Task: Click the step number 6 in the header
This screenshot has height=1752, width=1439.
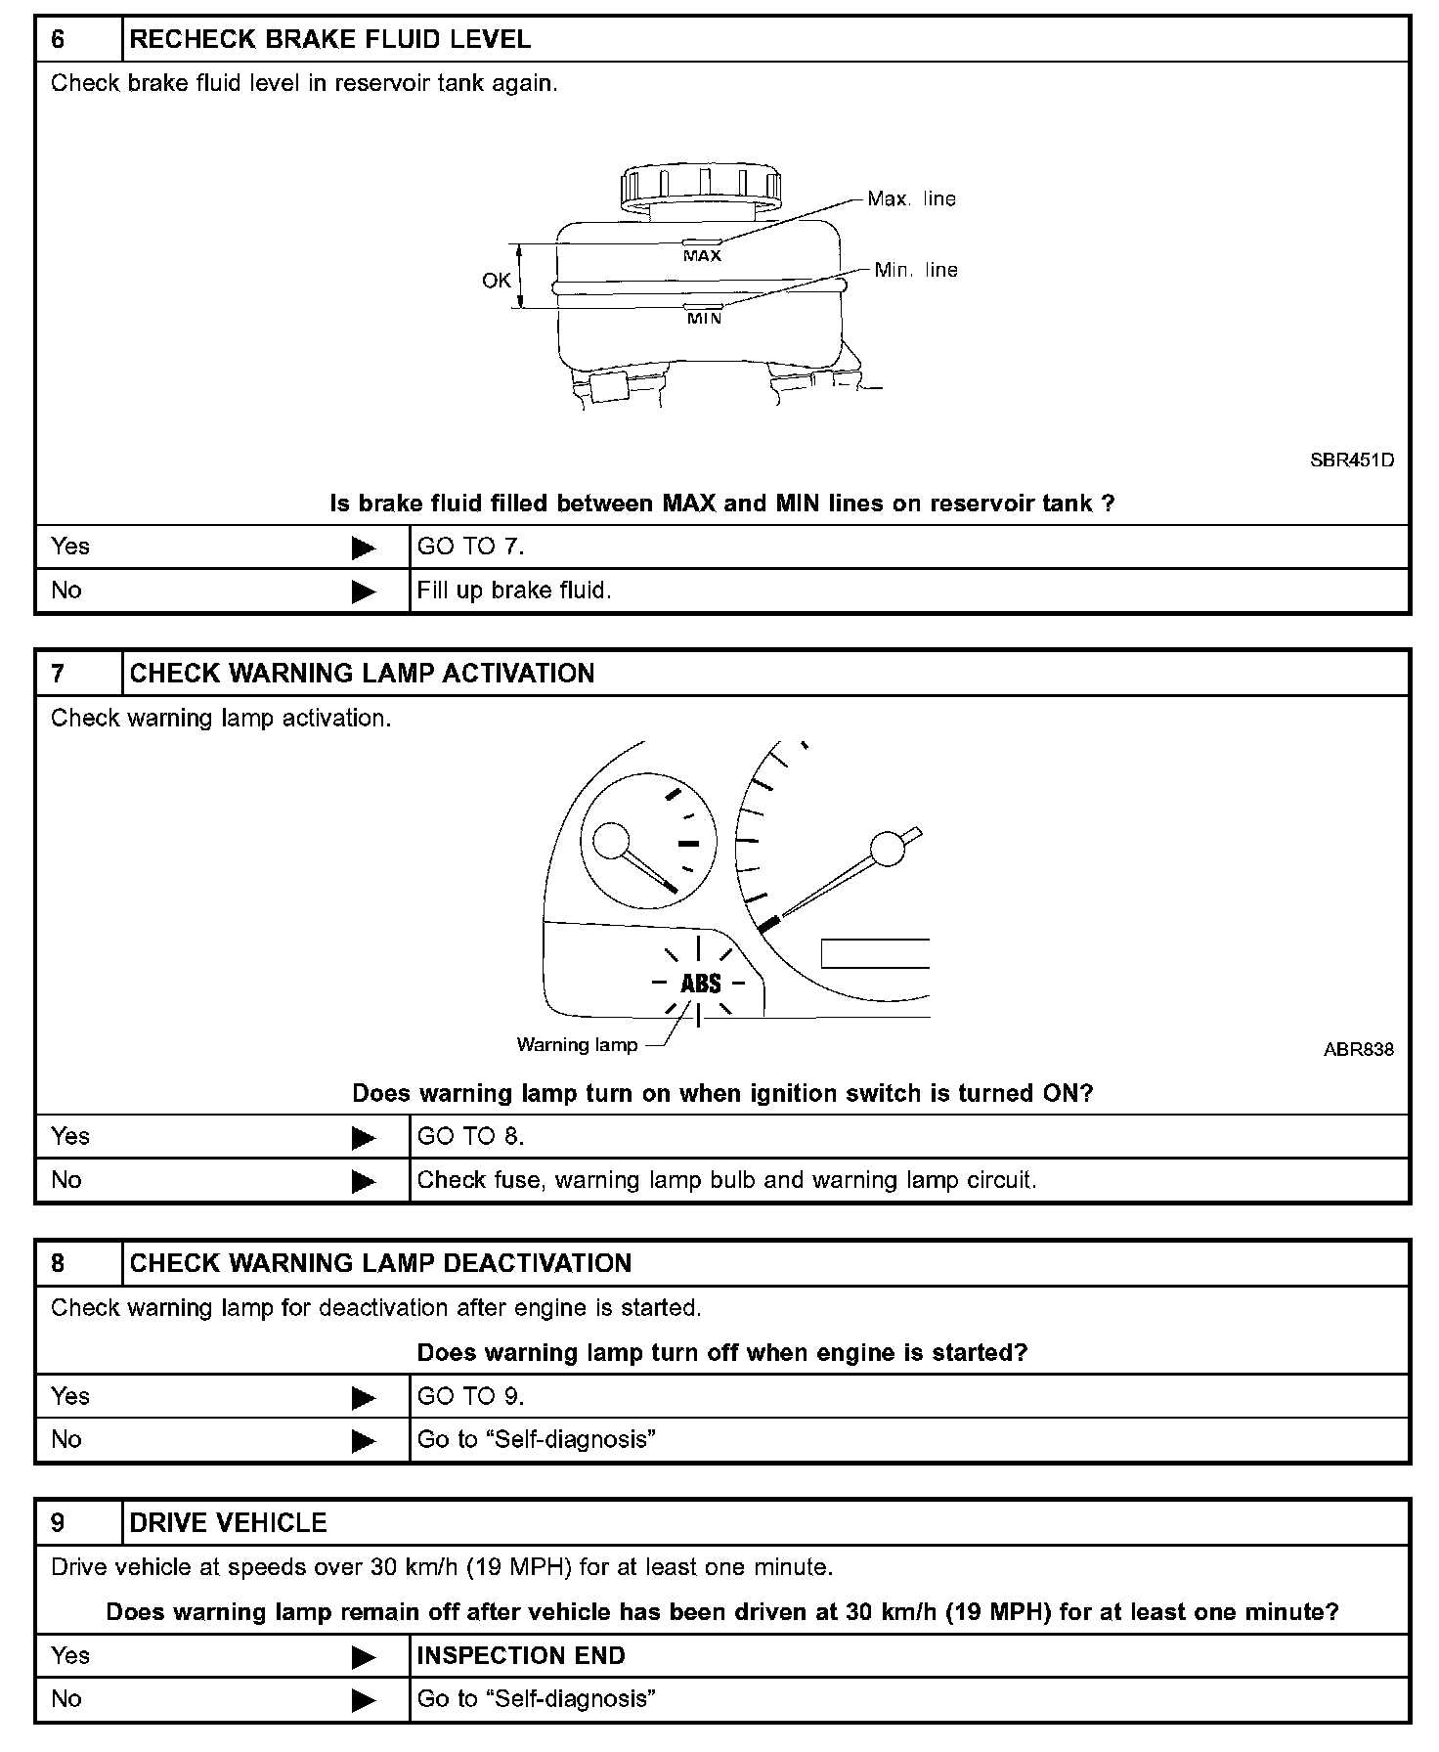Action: [58, 40]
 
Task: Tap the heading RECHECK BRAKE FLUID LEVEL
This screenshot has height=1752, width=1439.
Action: [329, 40]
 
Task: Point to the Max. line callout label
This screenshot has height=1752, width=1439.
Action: [911, 199]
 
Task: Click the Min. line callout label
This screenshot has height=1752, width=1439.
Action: [916, 271]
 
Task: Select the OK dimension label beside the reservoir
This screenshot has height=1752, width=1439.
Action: [497, 281]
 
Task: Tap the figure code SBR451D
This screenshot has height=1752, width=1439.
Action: [1352, 460]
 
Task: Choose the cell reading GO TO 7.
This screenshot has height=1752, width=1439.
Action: [470, 547]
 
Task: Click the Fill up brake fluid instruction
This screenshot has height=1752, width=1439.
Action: [514, 591]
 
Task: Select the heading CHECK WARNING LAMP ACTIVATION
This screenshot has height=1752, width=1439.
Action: [362, 674]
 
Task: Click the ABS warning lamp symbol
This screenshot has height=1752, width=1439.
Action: [700, 984]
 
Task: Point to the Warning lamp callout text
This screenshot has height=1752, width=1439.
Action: [577, 1045]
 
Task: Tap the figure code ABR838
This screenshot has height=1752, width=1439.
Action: [1359, 1050]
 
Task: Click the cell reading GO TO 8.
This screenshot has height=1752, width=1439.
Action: [470, 1137]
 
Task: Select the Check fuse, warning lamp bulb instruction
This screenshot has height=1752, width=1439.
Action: [726, 1180]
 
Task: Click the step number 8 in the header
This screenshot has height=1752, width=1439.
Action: [58, 1263]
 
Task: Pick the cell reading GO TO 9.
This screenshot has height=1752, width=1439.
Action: [470, 1396]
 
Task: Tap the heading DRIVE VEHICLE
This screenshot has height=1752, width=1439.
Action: [228, 1522]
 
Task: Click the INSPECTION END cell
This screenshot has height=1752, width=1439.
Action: [521, 1655]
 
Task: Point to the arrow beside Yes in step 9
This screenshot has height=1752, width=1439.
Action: [363, 1657]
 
